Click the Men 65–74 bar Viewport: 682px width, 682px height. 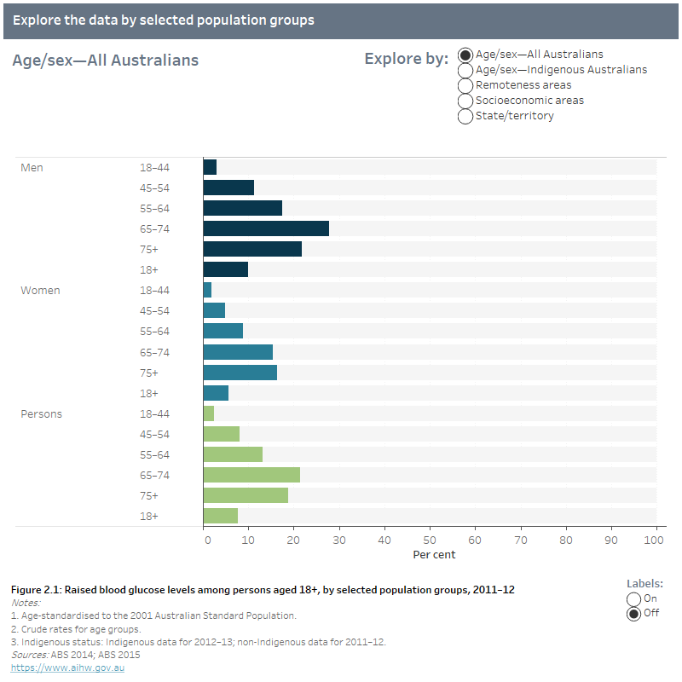tap(266, 228)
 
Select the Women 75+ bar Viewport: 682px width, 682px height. tap(240, 373)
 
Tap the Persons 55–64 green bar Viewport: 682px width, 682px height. tap(233, 454)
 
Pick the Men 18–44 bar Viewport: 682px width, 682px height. tap(210, 167)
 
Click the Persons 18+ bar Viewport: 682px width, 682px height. tap(221, 516)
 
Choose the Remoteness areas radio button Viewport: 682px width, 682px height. tap(465, 85)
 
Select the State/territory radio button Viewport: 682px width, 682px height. tap(465, 116)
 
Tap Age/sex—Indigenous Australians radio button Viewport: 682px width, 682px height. tap(465, 70)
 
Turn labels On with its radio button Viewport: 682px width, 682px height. tap(633, 598)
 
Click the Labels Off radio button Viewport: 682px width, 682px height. tap(633, 613)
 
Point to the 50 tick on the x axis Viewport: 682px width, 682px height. tap(430, 540)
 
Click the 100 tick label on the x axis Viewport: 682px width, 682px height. tap(656, 540)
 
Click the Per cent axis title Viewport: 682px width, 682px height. tap(434, 555)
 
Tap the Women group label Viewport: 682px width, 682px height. tap(40, 291)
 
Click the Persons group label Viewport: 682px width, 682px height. tap(41, 413)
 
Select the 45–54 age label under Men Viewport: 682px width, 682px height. tap(154, 188)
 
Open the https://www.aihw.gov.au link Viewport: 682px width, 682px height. tap(67, 668)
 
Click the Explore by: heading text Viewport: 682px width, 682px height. tap(406, 59)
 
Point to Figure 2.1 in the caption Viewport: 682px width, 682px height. tap(34, 590)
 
